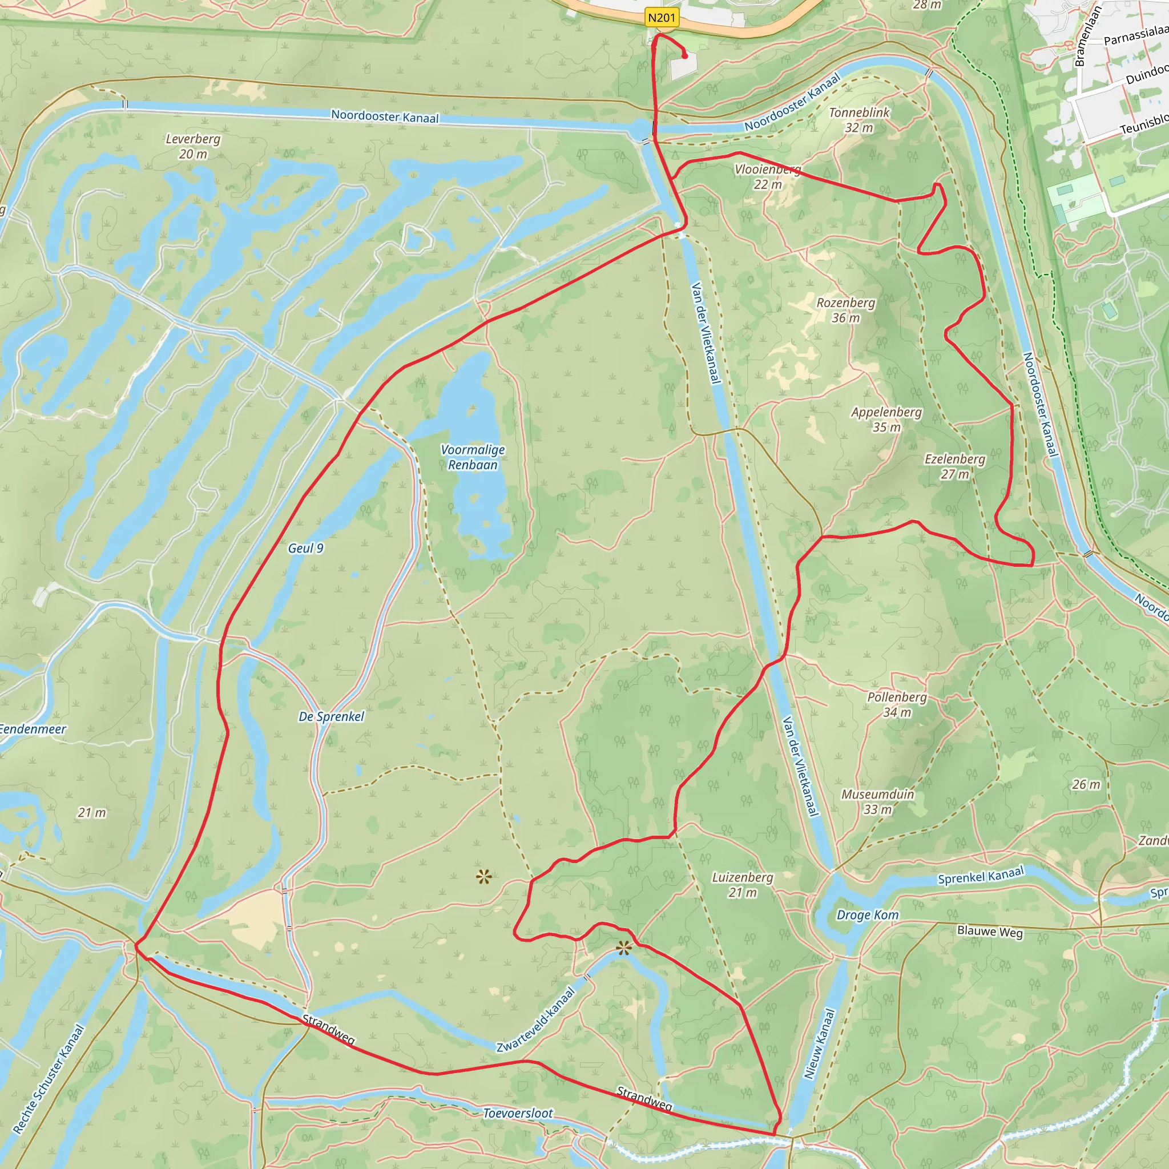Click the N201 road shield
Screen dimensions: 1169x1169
coord(662,18)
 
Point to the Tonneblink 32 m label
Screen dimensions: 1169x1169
coord(859,120)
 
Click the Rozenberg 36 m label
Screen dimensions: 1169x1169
coord(846,310)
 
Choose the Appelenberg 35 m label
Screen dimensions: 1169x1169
coord(886,420)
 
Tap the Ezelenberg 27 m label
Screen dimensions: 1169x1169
coord(955,466)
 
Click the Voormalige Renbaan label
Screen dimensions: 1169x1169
coord(473,457)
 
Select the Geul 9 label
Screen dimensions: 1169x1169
coord(305,548)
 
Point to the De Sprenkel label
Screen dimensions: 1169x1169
coord(331,716)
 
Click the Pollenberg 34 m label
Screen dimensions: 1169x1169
coord(897,704)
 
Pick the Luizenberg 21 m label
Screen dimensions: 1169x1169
coord(743,885)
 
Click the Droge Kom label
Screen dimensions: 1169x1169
coord(867,915)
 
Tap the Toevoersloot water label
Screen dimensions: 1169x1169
coord(518,1112)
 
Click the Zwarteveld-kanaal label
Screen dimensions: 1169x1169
coord(535,1019)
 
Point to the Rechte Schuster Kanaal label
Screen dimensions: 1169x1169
coord(49,1078)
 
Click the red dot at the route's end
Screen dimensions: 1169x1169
coord(685,57)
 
